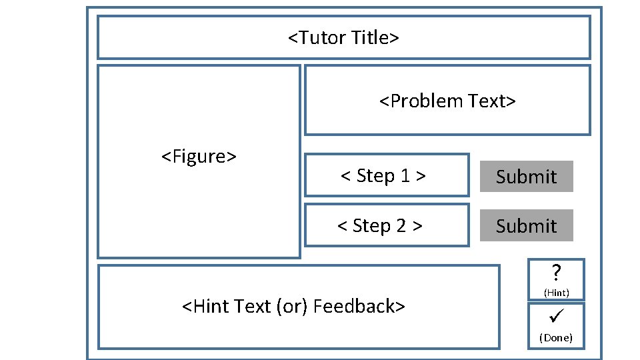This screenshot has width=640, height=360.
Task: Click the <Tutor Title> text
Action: (343, 37)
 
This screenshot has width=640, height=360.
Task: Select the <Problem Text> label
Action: (447, 101)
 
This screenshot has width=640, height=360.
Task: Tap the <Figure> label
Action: (199, 157)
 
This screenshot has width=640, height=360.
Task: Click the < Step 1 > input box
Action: (387, 175)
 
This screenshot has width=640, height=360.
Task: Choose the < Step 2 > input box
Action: (387, 226)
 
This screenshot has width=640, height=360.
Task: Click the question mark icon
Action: (556, 273)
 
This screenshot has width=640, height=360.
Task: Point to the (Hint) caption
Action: (556, 292)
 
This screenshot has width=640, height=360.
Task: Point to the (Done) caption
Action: (556, 337)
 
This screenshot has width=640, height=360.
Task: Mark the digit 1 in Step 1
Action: (405, 176)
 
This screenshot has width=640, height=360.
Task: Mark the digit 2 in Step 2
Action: (401, 226)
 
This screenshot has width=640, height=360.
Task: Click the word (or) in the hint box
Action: (294, 306)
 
